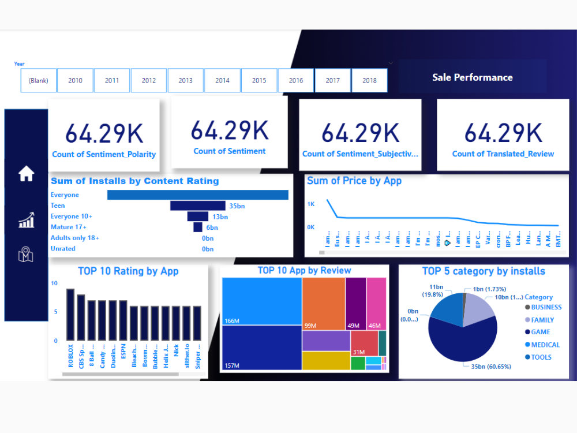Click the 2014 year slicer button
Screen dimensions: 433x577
click(222, 80)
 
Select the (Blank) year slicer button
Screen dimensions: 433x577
click(39, 80)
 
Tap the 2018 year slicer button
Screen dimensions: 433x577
click(369, 80)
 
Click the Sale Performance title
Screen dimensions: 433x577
click(472, 77)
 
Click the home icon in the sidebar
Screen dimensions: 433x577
click(26, 173)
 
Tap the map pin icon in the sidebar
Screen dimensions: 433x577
click(26, 254)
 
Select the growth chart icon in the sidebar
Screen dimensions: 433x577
click(26, 220)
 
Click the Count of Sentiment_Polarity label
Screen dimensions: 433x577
click(104, 154)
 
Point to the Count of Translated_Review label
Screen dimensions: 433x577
click(503, 154)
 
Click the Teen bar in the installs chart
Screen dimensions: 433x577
click(197, 206)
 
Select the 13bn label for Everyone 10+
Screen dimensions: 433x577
click(220, 216)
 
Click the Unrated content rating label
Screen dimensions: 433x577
click(63, 249)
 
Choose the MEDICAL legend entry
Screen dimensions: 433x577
click(545, 345)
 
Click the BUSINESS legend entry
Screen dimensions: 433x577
click(546, 307)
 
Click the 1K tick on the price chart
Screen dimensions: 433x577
click(311, 204)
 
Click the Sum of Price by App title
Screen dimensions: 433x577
click(354, 181)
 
